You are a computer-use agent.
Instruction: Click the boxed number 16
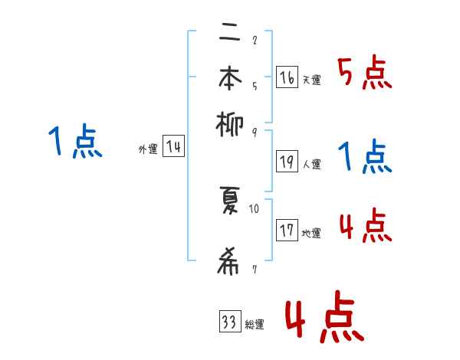point(286,77)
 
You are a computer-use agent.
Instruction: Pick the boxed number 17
point(287,231)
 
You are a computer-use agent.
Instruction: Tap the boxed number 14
point(174,147)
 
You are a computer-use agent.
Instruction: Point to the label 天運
point(311,80)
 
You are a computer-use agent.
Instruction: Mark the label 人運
point(312,164)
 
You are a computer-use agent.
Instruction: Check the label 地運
point(311,233)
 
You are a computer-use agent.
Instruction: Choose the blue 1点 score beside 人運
point(364,157)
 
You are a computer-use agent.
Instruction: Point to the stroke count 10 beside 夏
point(255,208)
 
